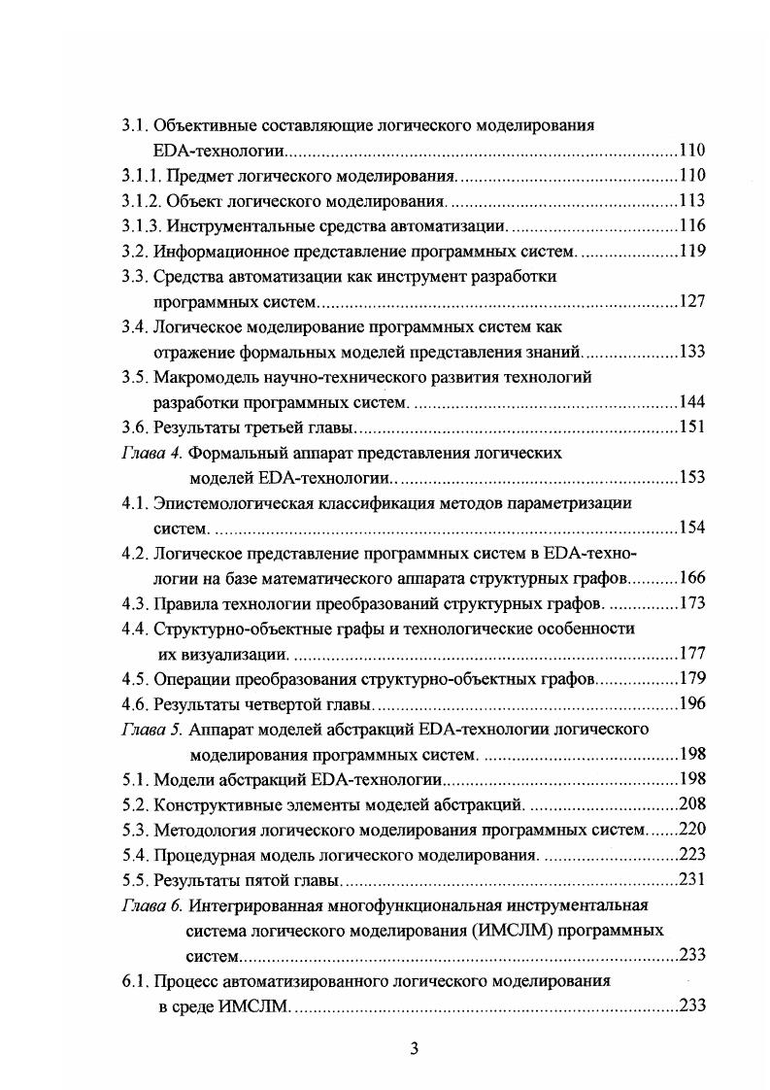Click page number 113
(x=691, y=201)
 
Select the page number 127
(x=691, y=302)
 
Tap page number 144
(x=691, y=402)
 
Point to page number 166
(x=691, y=578)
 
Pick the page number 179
(x=691, y=679)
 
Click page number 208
(x=691, y=804)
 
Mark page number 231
(x=691, y=880)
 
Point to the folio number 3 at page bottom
(x=414, y=1047)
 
